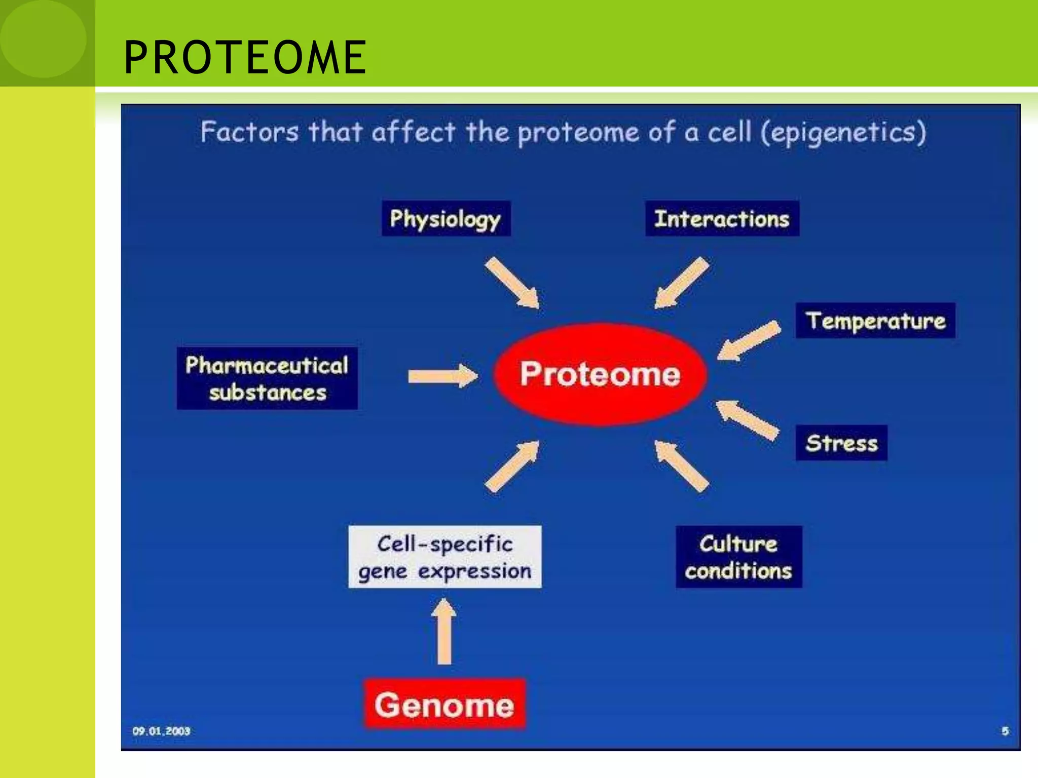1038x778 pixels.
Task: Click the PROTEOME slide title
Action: pos(245,57)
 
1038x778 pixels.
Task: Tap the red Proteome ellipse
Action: pos(600,374)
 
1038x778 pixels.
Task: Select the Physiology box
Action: pos(446,219)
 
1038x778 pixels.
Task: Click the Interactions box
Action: pos(722,219)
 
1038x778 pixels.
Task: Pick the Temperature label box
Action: pos(875,321)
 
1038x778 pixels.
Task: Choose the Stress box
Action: pos(841,443)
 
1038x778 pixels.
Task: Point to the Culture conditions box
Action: pos(738,557)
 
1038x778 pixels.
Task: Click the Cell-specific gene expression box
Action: pos(444,557)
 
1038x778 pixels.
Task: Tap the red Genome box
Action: pos(444,705)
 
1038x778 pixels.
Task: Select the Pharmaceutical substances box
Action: pos(267,378)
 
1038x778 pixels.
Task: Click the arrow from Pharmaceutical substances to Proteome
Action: pos(442,376)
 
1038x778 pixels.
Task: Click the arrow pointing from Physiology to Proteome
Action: pos(512,282)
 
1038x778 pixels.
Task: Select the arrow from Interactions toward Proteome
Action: pos(681,282)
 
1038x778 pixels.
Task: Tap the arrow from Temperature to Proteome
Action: pos(749,340)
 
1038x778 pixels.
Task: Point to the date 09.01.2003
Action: pos(161,731)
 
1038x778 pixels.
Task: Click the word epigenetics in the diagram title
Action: pos(843,133)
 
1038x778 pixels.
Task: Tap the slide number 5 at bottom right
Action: pos(1005,731)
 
